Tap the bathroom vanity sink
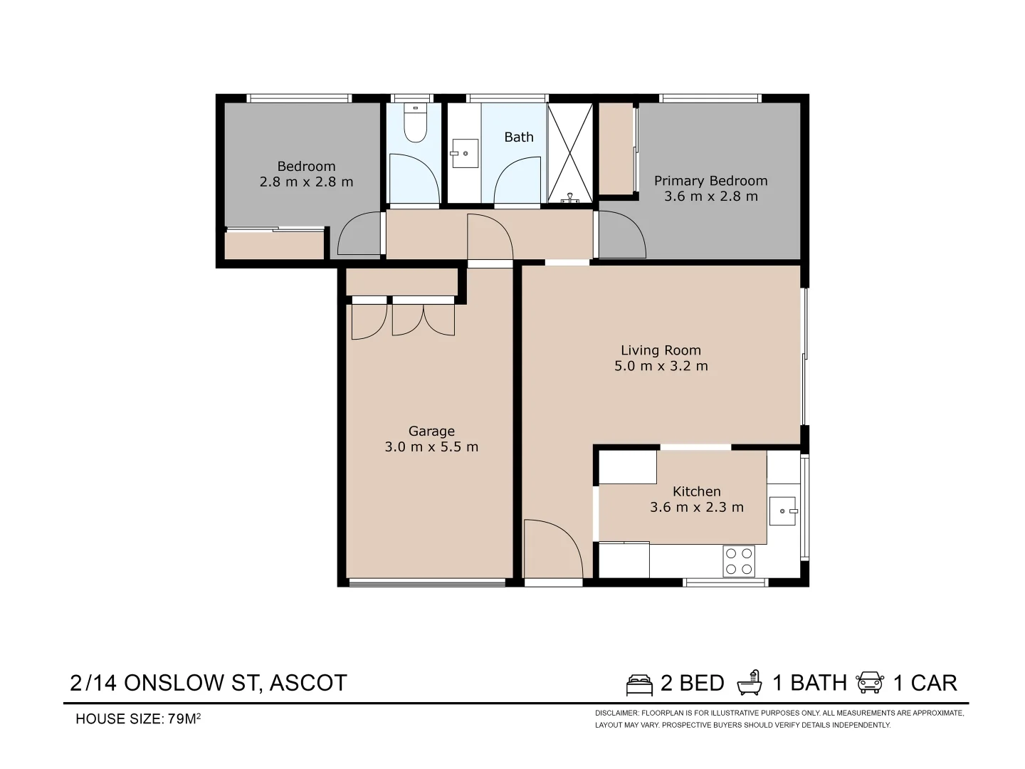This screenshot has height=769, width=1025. click(x=464, y=153)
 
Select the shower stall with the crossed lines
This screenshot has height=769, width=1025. click(x=570, y=153)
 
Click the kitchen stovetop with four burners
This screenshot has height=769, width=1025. click(x=739, y=560)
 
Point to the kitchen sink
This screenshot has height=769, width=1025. click(x=782, y=511)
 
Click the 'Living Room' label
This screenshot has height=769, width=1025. click(x=661, y=350)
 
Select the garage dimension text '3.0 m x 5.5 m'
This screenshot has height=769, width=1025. click(x=431, y=447)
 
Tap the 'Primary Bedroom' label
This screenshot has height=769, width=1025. click(x=710, y=181)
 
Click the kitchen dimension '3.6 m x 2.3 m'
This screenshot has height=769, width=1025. click(x=696, y=508)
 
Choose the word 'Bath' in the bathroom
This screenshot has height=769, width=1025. click(x=518, y=137)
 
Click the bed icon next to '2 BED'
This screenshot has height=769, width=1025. click(x=639, y=684)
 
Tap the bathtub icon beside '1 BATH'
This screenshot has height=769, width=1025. click(x=750, y=683)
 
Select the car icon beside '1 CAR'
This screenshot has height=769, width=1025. click(x=870, y=683)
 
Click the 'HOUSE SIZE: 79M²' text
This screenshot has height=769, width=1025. click(x=138, y=719)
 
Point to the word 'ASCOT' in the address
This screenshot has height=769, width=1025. click(x=307, y=683)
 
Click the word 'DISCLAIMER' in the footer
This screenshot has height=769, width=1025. click(x=616, y=713)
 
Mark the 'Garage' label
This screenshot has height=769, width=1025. click(x=431, y=431)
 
